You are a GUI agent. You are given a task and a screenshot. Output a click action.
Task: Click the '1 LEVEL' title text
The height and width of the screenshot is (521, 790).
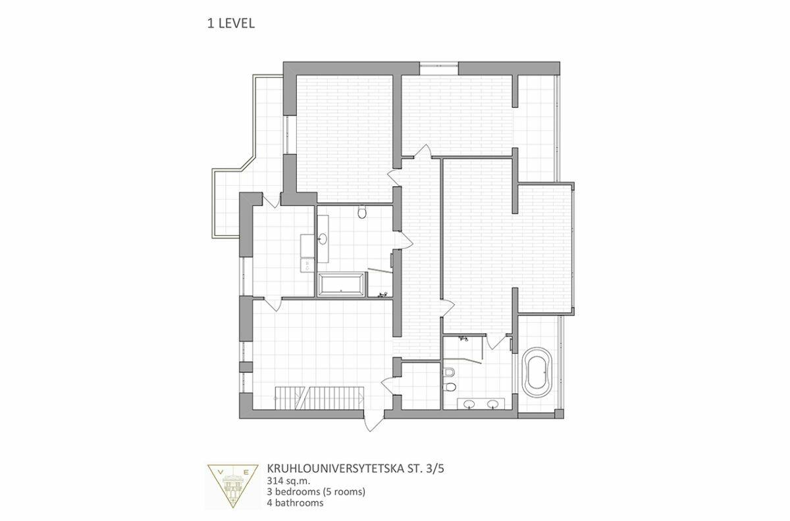(x=230, y=23)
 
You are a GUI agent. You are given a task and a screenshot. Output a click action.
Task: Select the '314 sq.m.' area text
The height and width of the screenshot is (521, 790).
(x=288, y=480)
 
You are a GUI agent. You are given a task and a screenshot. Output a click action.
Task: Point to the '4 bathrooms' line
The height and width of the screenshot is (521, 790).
(x=295, y=503)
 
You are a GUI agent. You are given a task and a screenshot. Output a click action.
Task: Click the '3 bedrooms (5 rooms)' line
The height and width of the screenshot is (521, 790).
(x=316, y=491)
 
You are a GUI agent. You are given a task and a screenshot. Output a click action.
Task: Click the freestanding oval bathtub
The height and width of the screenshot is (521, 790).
(x=537, y=371)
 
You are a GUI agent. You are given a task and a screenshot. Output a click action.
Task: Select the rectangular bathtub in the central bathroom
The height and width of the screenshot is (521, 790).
(x=341, y=285)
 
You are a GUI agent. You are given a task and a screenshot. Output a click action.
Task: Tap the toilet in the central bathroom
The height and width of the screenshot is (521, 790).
(x=362, y=211)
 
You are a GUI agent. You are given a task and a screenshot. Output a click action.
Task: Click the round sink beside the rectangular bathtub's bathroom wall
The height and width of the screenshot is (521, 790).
(x=323, y=239)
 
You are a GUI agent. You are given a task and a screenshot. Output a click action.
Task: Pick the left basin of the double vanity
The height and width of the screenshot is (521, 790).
(x=469, y=403)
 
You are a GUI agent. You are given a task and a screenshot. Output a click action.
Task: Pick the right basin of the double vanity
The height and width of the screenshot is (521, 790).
(x=492, y=403)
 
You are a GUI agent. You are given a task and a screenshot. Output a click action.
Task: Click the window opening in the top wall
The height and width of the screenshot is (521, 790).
(x=438, y=68)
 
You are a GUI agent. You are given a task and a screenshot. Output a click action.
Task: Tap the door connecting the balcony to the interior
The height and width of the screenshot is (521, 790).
(x=272, y=200)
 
